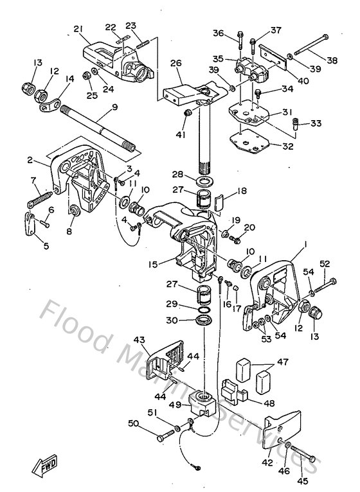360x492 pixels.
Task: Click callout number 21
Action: [x=78, y=28]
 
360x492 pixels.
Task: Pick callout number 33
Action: [x=316, y=123]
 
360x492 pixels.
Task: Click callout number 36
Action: [x=217, y=33]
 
